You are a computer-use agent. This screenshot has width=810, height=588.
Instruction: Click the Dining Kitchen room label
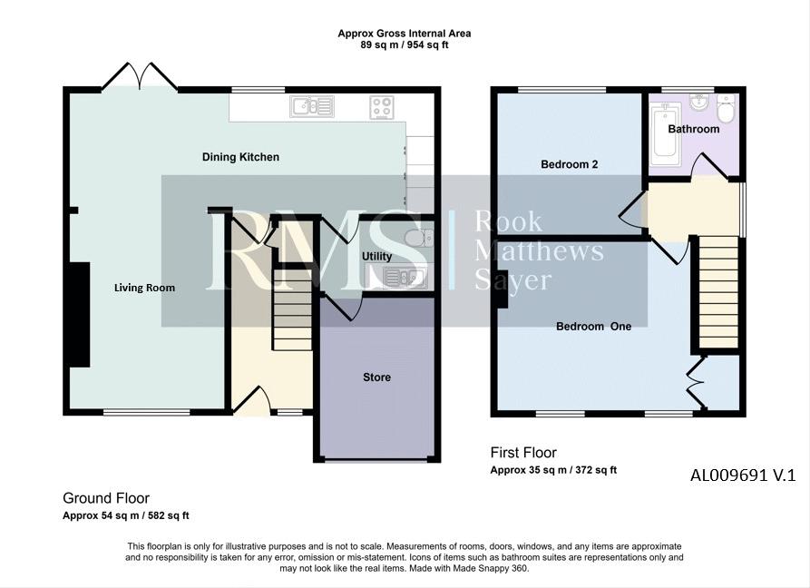240,157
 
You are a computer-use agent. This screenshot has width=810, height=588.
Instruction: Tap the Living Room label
144,288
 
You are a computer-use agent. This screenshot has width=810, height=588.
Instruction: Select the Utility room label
376,256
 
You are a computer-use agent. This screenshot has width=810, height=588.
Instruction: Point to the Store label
376,377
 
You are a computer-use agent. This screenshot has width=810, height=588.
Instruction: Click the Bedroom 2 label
570,164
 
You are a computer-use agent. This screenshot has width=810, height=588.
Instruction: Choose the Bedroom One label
593,327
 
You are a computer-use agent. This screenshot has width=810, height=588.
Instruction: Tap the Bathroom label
694,129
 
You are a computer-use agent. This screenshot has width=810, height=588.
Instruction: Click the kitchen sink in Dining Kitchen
311,107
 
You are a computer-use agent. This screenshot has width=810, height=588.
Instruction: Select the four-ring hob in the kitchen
382,107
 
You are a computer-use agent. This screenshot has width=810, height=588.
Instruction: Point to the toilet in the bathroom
726,109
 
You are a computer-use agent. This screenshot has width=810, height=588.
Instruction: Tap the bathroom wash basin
699,103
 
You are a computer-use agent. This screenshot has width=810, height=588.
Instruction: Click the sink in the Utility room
405,277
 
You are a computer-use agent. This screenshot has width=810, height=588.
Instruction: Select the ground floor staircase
292,310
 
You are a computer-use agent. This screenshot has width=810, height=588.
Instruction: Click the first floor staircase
718,292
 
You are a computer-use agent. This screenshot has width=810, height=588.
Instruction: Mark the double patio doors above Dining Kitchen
140,76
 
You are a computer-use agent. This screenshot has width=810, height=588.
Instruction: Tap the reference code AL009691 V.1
743,475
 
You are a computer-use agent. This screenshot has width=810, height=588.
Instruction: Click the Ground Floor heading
106,498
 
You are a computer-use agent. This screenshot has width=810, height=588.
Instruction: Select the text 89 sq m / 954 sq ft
404,45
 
